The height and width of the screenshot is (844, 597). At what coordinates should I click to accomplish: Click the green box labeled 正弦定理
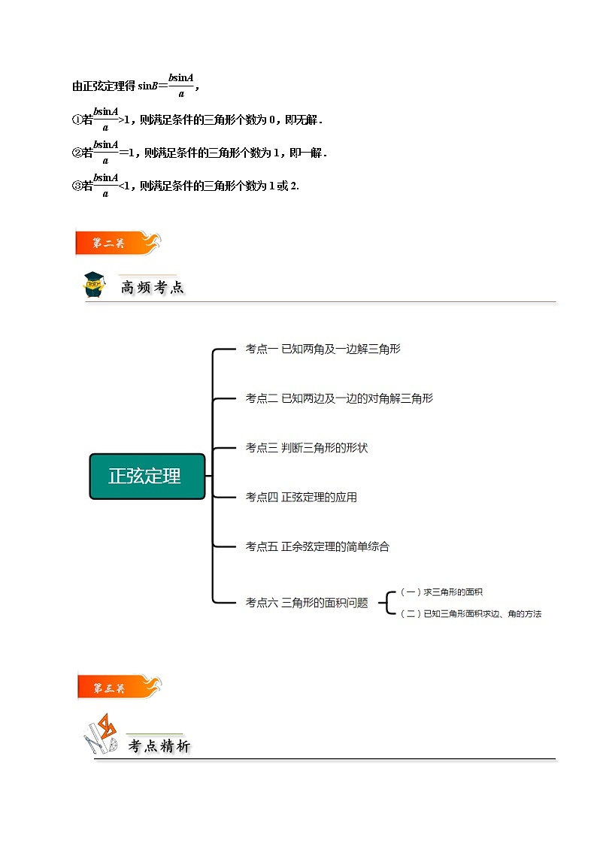click(x=147, y=476)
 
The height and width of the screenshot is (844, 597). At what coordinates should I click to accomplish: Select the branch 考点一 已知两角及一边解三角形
click(x=323, y=349)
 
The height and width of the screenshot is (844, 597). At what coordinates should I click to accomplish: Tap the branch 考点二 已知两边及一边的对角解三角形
click(x=339, y=398)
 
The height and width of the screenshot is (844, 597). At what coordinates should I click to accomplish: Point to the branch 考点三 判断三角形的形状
click(x=306, y=448)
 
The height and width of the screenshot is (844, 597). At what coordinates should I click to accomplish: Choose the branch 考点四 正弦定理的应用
click(x=301, y=498)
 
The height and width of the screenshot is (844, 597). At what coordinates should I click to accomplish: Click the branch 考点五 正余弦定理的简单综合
click(x=317, y=547)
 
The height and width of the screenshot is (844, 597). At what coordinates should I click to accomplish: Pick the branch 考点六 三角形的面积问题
click(x=306, y=603)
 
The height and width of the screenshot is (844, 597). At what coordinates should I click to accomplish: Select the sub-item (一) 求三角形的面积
click(x=441, y=592)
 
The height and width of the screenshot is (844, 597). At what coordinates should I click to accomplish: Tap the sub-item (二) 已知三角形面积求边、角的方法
click(x=471, y=613)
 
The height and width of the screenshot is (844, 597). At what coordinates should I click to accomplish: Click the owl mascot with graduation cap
click(x=94, y=284)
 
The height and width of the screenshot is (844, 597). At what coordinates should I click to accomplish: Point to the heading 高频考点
click(x=153, y=287)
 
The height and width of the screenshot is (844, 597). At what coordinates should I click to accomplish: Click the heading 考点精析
click(x=159, y=746)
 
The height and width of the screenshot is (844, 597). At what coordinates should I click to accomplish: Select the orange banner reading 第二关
click(x=118, y=243)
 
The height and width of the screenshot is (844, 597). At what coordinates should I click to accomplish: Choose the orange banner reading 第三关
click(x=119, y=688)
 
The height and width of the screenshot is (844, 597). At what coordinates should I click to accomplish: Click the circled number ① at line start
click(x=77, y=120)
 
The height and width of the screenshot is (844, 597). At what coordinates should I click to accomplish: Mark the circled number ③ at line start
click(x=77, y=186)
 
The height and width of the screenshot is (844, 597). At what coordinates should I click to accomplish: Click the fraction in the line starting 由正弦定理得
click(x=181, y=86)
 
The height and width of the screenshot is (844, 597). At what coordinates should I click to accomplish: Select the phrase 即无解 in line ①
click(x=302, y=120)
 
